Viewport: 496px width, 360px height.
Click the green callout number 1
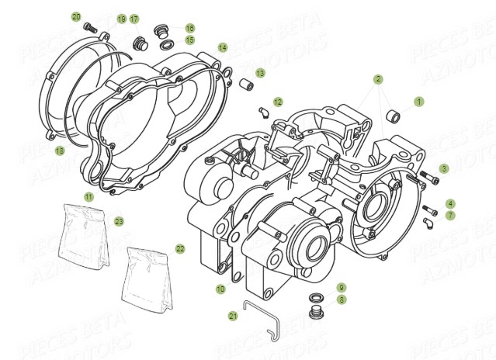coord(419,101)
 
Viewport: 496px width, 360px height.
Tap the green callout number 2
coord(378,79)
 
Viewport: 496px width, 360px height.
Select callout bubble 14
coord(223,47)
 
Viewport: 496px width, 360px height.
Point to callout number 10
coord(220,289)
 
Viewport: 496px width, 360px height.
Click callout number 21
coord(233,316)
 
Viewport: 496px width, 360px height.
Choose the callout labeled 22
coord(180,249)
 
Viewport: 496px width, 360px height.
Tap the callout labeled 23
coord(119,220)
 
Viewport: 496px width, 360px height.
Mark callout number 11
coord(88,197)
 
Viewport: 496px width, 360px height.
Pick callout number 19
coord(121,19)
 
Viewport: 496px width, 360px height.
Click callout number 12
coord(278,102)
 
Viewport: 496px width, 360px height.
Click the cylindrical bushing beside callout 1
coord(395,117)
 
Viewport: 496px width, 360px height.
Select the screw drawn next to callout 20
coord(89,27)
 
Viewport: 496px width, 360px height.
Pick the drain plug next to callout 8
coord(317,313)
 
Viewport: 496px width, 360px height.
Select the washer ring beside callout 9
coord(317,298)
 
